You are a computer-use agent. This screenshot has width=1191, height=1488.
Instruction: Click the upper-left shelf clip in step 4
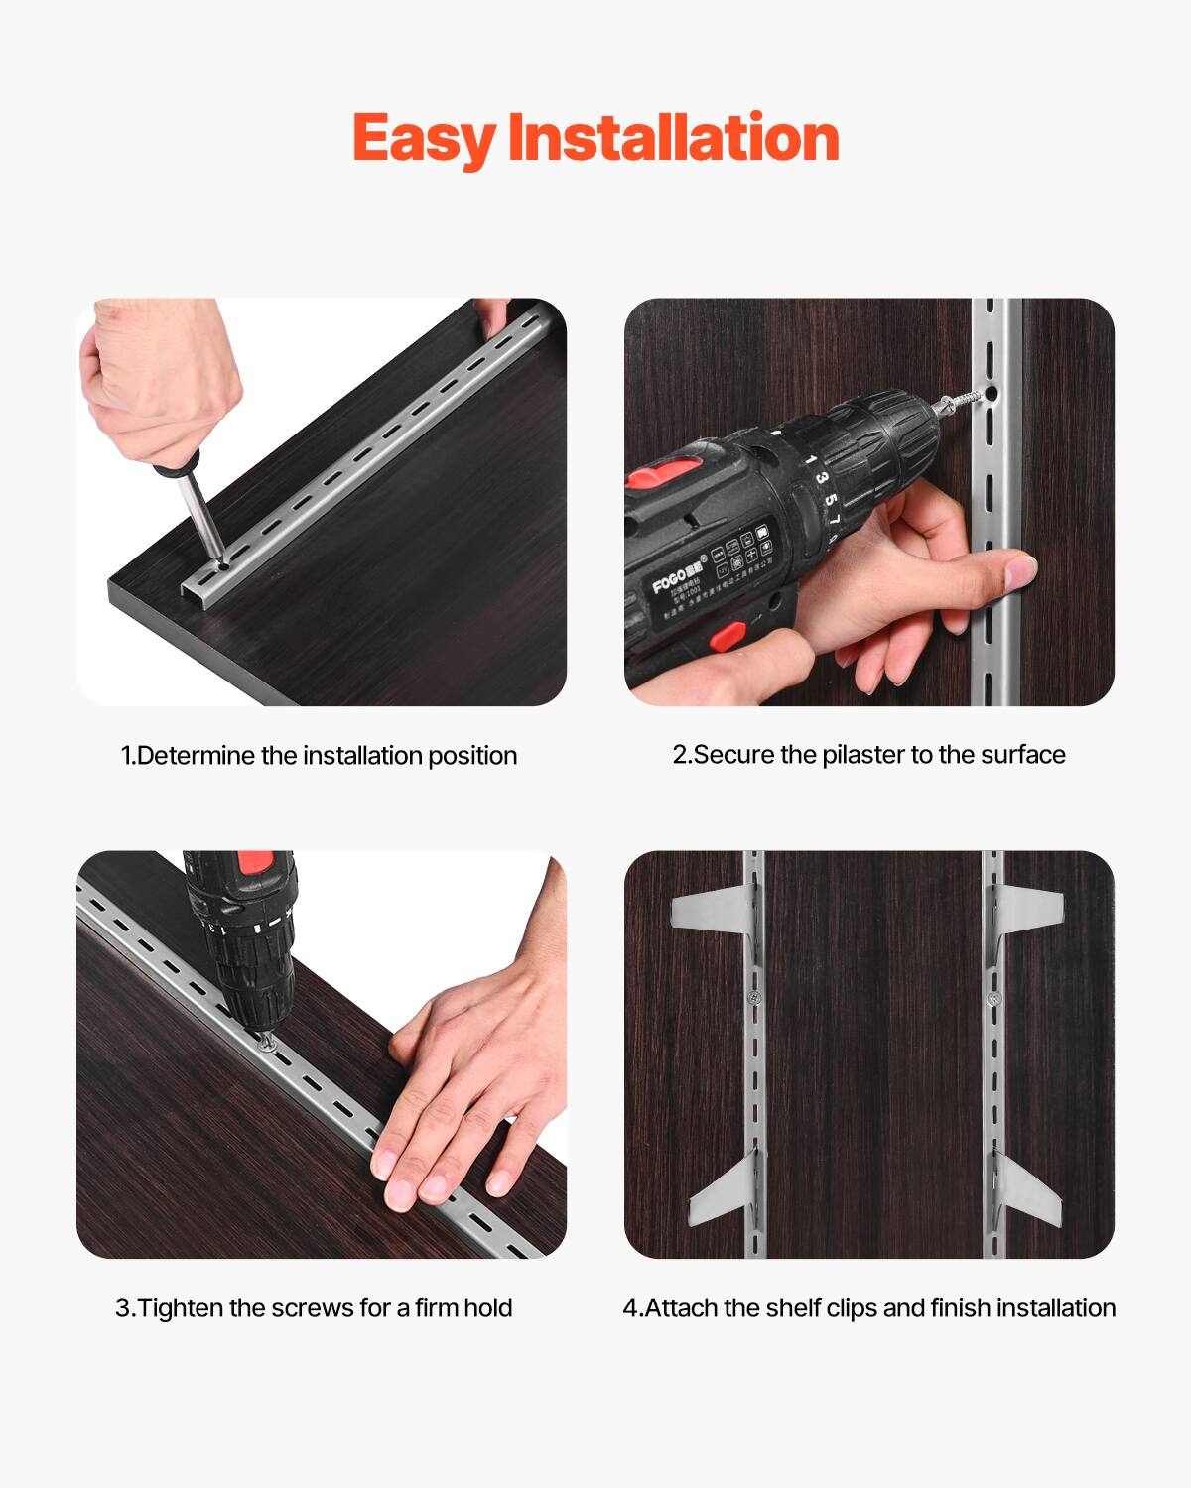tap(709, 908)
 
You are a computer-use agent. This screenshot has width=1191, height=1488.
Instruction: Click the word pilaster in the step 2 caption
tap(863, 755)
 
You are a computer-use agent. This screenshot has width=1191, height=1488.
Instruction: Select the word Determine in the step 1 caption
tap(196, 756)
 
